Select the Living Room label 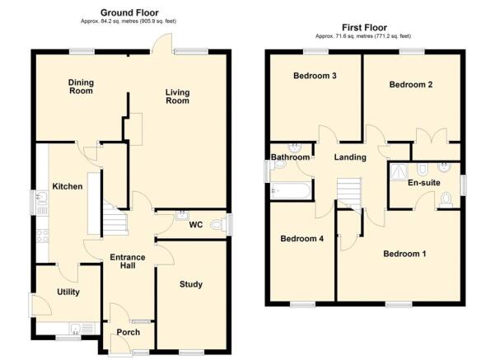[x=176, y=96]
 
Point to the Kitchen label [x=68, y=187]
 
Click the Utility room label [x=68, y=292]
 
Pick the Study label [x=191, y=285]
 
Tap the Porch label [x=128, y=332]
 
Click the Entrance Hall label [x=128, y=263]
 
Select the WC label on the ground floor [x=196, y=224]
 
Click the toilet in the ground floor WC [x=218, y=223]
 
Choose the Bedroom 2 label [x=411, y=84]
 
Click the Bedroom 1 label [x=404, y=254]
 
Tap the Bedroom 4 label [x=302, y=239]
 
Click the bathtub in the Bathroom [x=291, y=191]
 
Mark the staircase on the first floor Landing [x=349, y=193]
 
